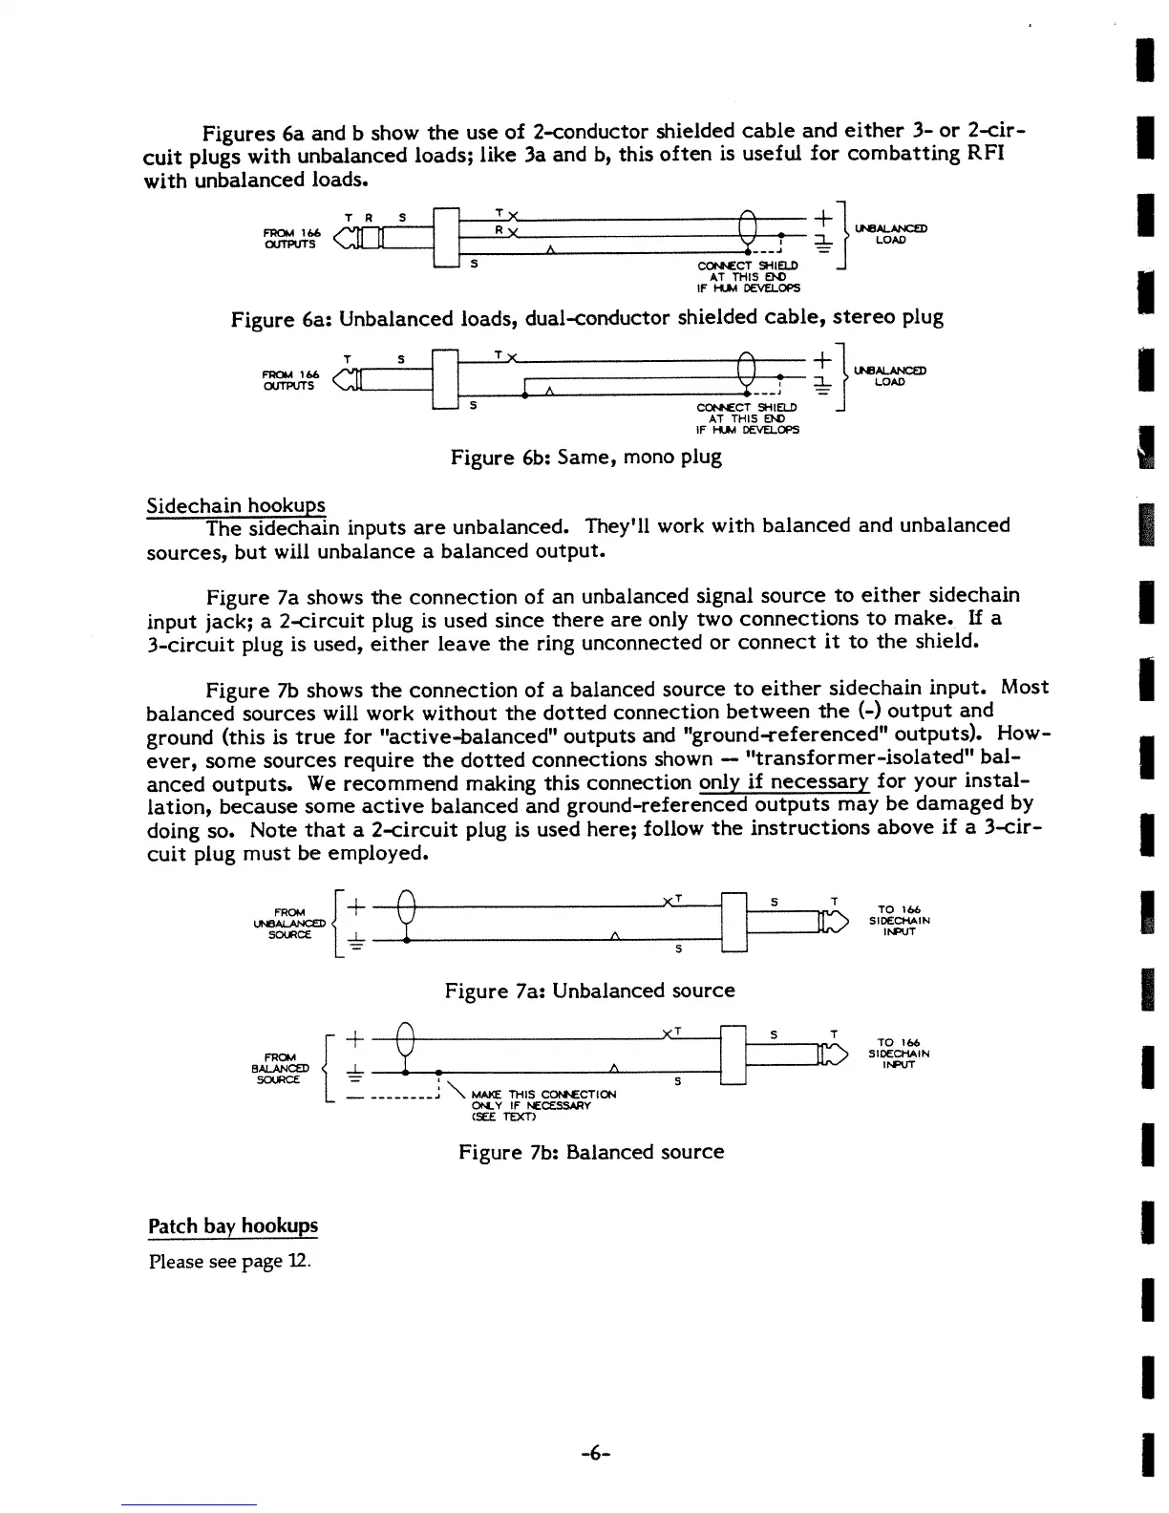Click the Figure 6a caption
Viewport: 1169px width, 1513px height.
tap(587, 318)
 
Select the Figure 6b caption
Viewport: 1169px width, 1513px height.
tap(585, 458)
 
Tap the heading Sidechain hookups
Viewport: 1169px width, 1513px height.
tap(236, 505)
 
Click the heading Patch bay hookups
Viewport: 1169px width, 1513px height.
tap(233, 1225)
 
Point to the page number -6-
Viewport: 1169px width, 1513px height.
tap(594, 1454)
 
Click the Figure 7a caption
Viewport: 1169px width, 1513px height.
tap(589, 991)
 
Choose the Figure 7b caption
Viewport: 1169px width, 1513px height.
tap(590, 1152)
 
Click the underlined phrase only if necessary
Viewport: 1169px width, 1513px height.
tap(783, 783)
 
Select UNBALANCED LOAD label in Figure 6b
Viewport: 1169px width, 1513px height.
tap(890, 375)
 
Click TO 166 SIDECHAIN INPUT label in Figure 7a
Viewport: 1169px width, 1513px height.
tap(899, 921)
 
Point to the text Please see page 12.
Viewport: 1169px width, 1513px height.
tap(229, 1262)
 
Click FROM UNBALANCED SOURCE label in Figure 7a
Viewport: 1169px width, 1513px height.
tap(289, 924)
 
